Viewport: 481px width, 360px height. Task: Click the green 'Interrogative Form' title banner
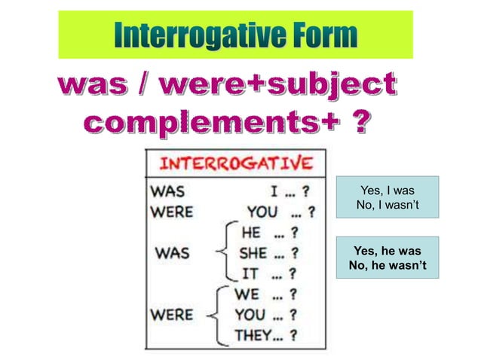click(x=235, y=34)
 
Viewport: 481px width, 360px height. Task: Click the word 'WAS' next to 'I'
click(x=168, y=191)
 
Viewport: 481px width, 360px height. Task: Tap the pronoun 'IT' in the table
click(x=250, y=273)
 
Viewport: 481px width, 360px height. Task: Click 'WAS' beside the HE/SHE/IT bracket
click(x=172, y=253)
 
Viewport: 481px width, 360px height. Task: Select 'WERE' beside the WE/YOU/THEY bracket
click(x=172, y=313)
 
